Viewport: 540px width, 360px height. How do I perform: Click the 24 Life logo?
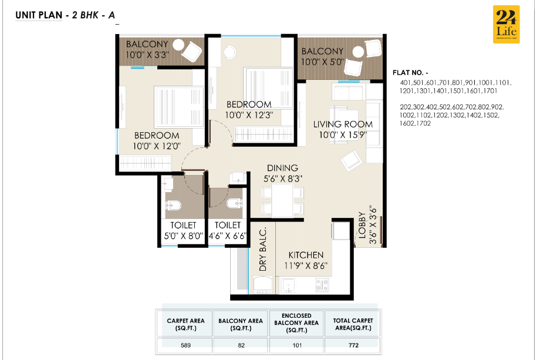pos(505,25)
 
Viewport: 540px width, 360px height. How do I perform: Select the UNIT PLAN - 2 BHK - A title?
pos(65,16)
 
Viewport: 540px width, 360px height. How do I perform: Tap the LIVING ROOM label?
pos(343,124)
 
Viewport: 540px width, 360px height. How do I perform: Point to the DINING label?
pos(282,168)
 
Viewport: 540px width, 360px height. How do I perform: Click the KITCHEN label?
pos(305,255)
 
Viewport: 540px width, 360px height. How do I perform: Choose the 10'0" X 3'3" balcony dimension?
pos(147,55)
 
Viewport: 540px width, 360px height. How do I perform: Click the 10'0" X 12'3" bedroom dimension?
pos(251,115)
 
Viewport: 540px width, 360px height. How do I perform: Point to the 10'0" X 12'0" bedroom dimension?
pos(156,146)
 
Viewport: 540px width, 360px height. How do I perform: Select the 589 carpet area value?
pos(185,345)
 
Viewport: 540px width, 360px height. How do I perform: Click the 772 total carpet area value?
pos(353,345)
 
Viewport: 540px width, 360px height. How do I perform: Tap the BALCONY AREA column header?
pos(241,324)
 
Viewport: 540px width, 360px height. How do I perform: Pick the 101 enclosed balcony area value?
pos(296,345)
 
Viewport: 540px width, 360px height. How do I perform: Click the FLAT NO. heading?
pos(410,73)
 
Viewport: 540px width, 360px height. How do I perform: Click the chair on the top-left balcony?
pos(190,51)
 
